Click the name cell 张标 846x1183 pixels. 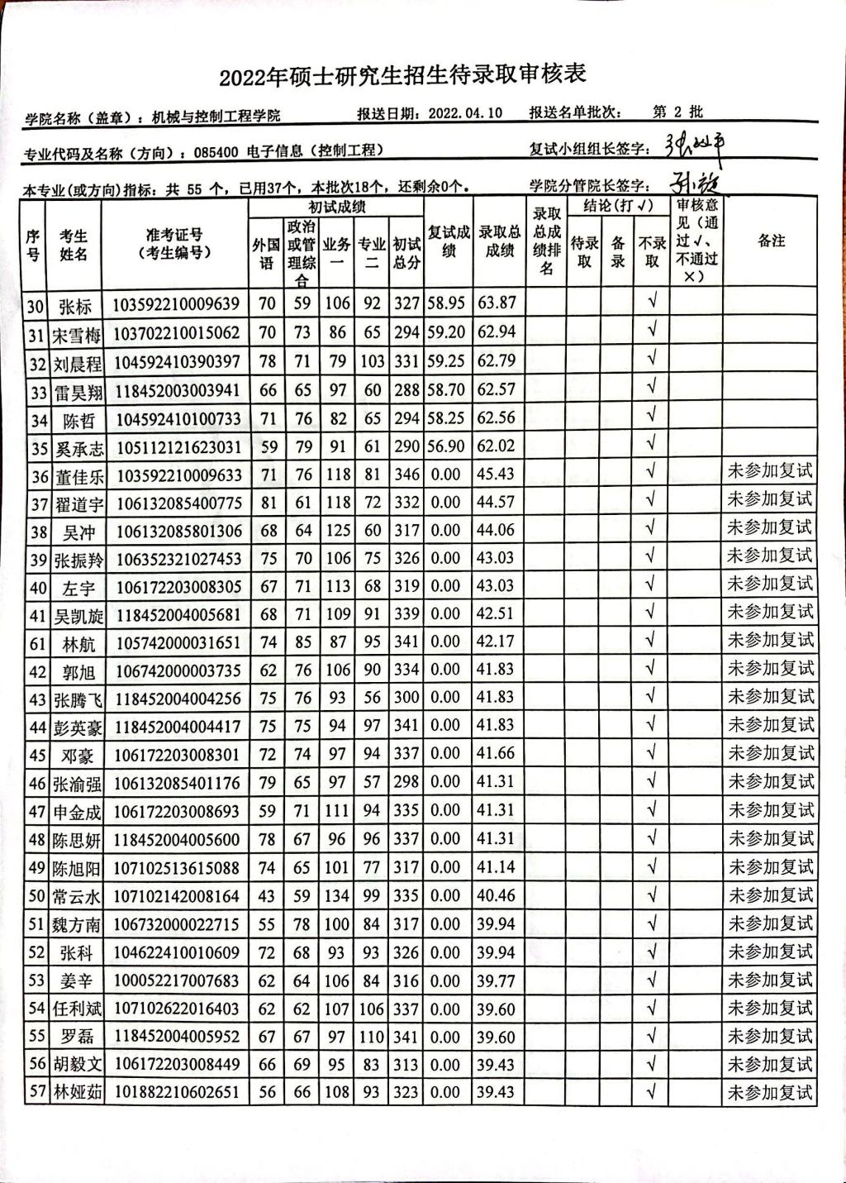click(x=75, y=306)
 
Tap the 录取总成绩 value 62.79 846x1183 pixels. click(x=497, y=361)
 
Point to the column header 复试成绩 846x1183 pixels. click(x=449, y=241)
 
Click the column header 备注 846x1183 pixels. click(x=770, y=241)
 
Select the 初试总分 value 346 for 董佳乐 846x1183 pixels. click(x=406, y=475)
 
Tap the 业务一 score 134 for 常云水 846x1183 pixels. click(x=337, y=896)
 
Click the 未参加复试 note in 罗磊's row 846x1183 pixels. click(x=770, y=1036)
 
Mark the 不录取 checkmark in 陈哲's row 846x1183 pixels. click(x=653, y=417)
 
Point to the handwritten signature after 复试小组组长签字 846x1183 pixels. click(x=696, y=146)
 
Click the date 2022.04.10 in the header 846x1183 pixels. click(x=465, y=113)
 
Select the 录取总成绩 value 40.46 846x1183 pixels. click(x=497, y=896)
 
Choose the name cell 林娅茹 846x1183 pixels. click(x=76, y=1093)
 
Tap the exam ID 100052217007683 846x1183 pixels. click(x=177, y=980)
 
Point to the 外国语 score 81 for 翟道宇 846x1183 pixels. click(x=267, y=503)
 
